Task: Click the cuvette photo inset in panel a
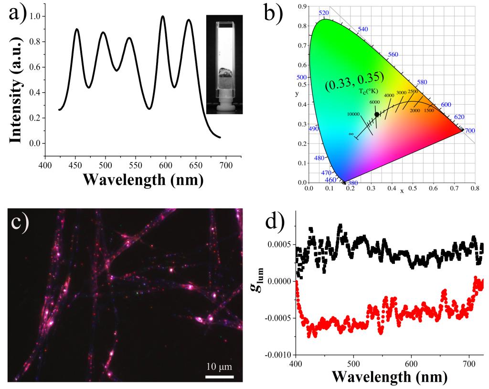pyautogui.click(x=224, y=65)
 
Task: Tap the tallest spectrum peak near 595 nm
pyautogui.click(x=163, y=17)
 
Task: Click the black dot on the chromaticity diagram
pyautogui.click(x=377, y=114)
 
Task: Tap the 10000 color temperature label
pyautogui.click(x=353, y=114)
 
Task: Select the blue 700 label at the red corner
pyautogui.click(x=469, y=130)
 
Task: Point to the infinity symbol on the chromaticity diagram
pyautogui.click(x=351, y=134)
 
